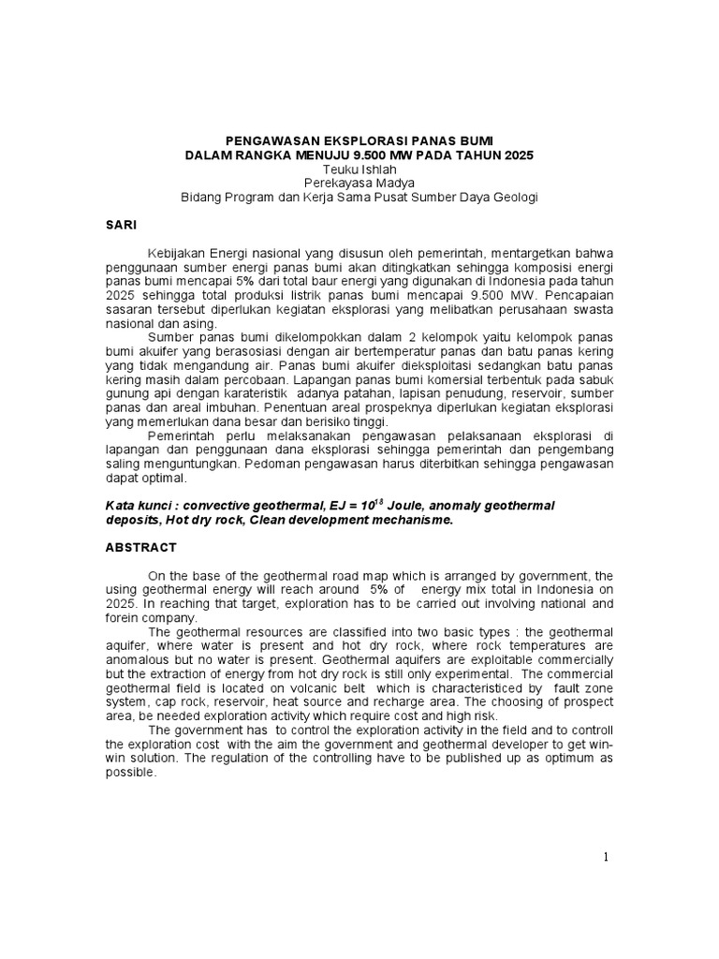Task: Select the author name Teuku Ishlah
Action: (359, 169)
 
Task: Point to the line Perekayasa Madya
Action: (359, 183)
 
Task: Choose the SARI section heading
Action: (120, 226)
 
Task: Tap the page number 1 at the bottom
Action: (606, 857)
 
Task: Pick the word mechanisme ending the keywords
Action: (412, 520)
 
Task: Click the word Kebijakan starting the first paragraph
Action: (176, 254)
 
